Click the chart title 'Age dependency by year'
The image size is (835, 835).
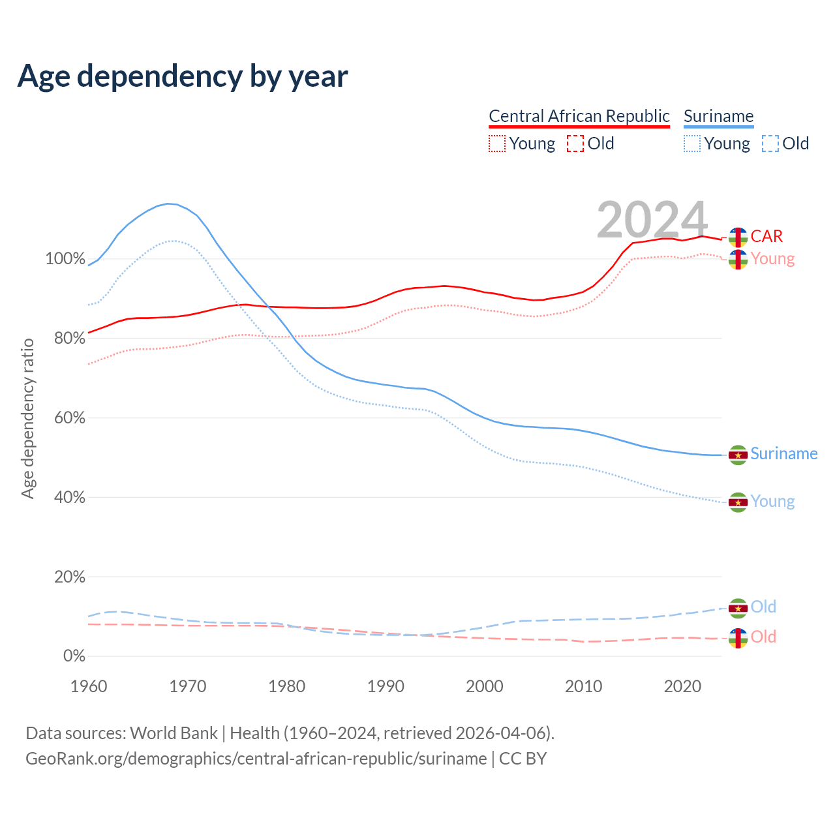pos(183,76)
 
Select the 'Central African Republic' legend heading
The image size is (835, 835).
pos(579,116)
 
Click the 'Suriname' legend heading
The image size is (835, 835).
pos(718,116)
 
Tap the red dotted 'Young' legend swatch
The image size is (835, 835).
pos(497,144)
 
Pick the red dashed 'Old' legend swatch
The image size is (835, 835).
pos(575,144)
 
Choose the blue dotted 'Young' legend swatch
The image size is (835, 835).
pos(692,144)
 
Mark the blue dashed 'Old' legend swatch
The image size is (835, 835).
pos(770,144)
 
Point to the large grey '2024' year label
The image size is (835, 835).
pos(652,220)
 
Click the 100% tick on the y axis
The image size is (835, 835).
pos(65,259)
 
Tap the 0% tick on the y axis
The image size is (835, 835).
pos(74,656)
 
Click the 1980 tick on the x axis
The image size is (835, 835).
pos(287,686)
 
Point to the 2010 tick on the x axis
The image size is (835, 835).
pos(583,686)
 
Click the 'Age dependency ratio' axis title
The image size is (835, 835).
pos(27,418)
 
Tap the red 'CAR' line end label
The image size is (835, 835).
pos(767,236)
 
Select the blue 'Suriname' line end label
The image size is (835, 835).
pos(783,454)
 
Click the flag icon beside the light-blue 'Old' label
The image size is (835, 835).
pos(738,608)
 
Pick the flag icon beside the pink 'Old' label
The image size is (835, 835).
pos(738,638)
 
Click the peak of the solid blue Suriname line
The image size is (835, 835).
pos(168,204)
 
